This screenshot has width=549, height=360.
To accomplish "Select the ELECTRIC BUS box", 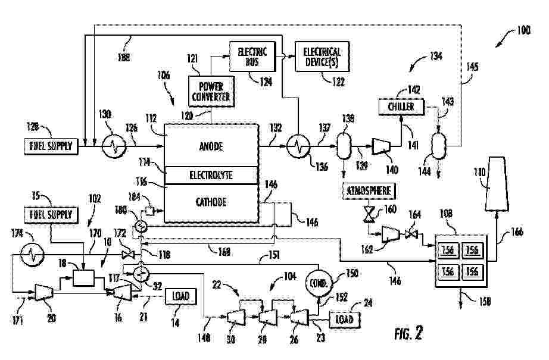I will pos(248,57).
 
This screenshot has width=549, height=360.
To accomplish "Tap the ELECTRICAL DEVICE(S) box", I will pos(322,57).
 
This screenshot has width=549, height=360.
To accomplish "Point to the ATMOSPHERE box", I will pos(369,190).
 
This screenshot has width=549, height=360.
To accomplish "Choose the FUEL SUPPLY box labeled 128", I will pos(52,145).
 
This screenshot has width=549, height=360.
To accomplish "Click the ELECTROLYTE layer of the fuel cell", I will pos(211,176).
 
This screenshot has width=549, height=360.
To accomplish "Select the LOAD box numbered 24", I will pos(344,319).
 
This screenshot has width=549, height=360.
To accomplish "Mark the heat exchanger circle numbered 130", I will pos(111,145).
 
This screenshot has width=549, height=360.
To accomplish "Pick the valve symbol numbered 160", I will pos(369,212).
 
